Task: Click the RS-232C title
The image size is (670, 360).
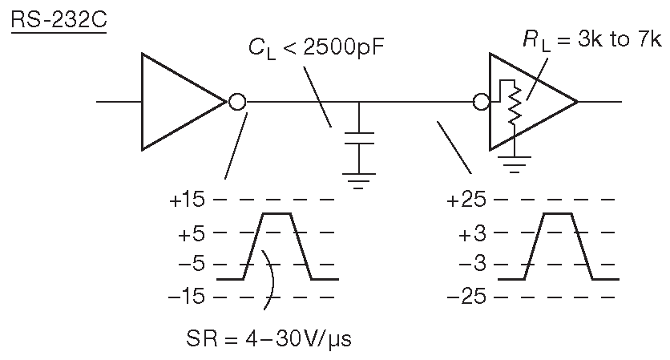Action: [59, 19]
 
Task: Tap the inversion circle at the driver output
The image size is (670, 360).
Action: [237, 102]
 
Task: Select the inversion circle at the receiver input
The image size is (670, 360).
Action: [482, 102]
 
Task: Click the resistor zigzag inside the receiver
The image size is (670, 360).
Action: [514, 105]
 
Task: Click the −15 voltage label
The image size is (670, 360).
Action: [187, 297]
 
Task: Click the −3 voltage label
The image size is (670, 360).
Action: [471, 265]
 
